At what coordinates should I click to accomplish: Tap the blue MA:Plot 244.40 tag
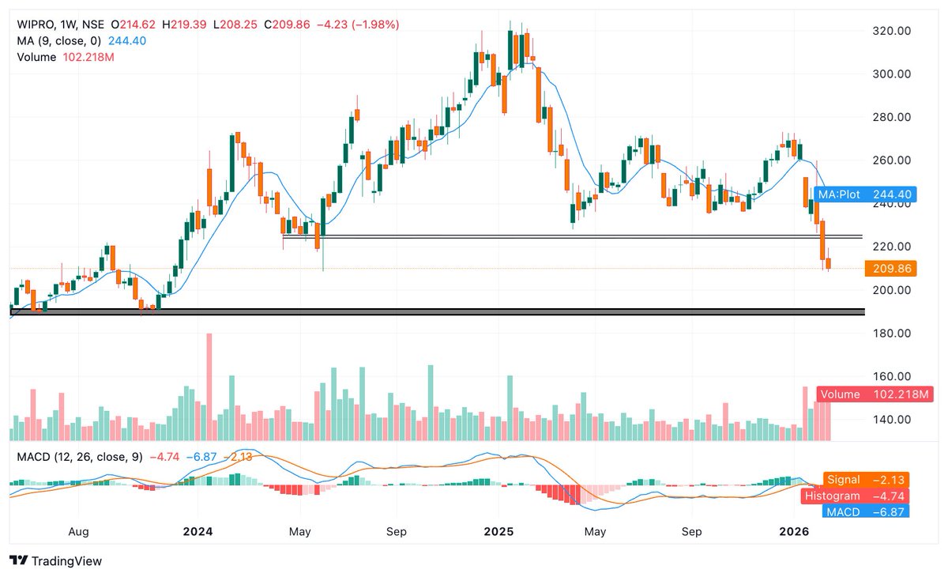point(862,194)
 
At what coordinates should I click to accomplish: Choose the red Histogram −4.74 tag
point(856,496)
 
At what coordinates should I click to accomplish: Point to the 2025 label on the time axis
point(498,532)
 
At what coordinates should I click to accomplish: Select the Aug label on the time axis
point(77,532)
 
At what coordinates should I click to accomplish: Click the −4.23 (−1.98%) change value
point(357,25)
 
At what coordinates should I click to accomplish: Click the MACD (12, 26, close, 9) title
point(77,457)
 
